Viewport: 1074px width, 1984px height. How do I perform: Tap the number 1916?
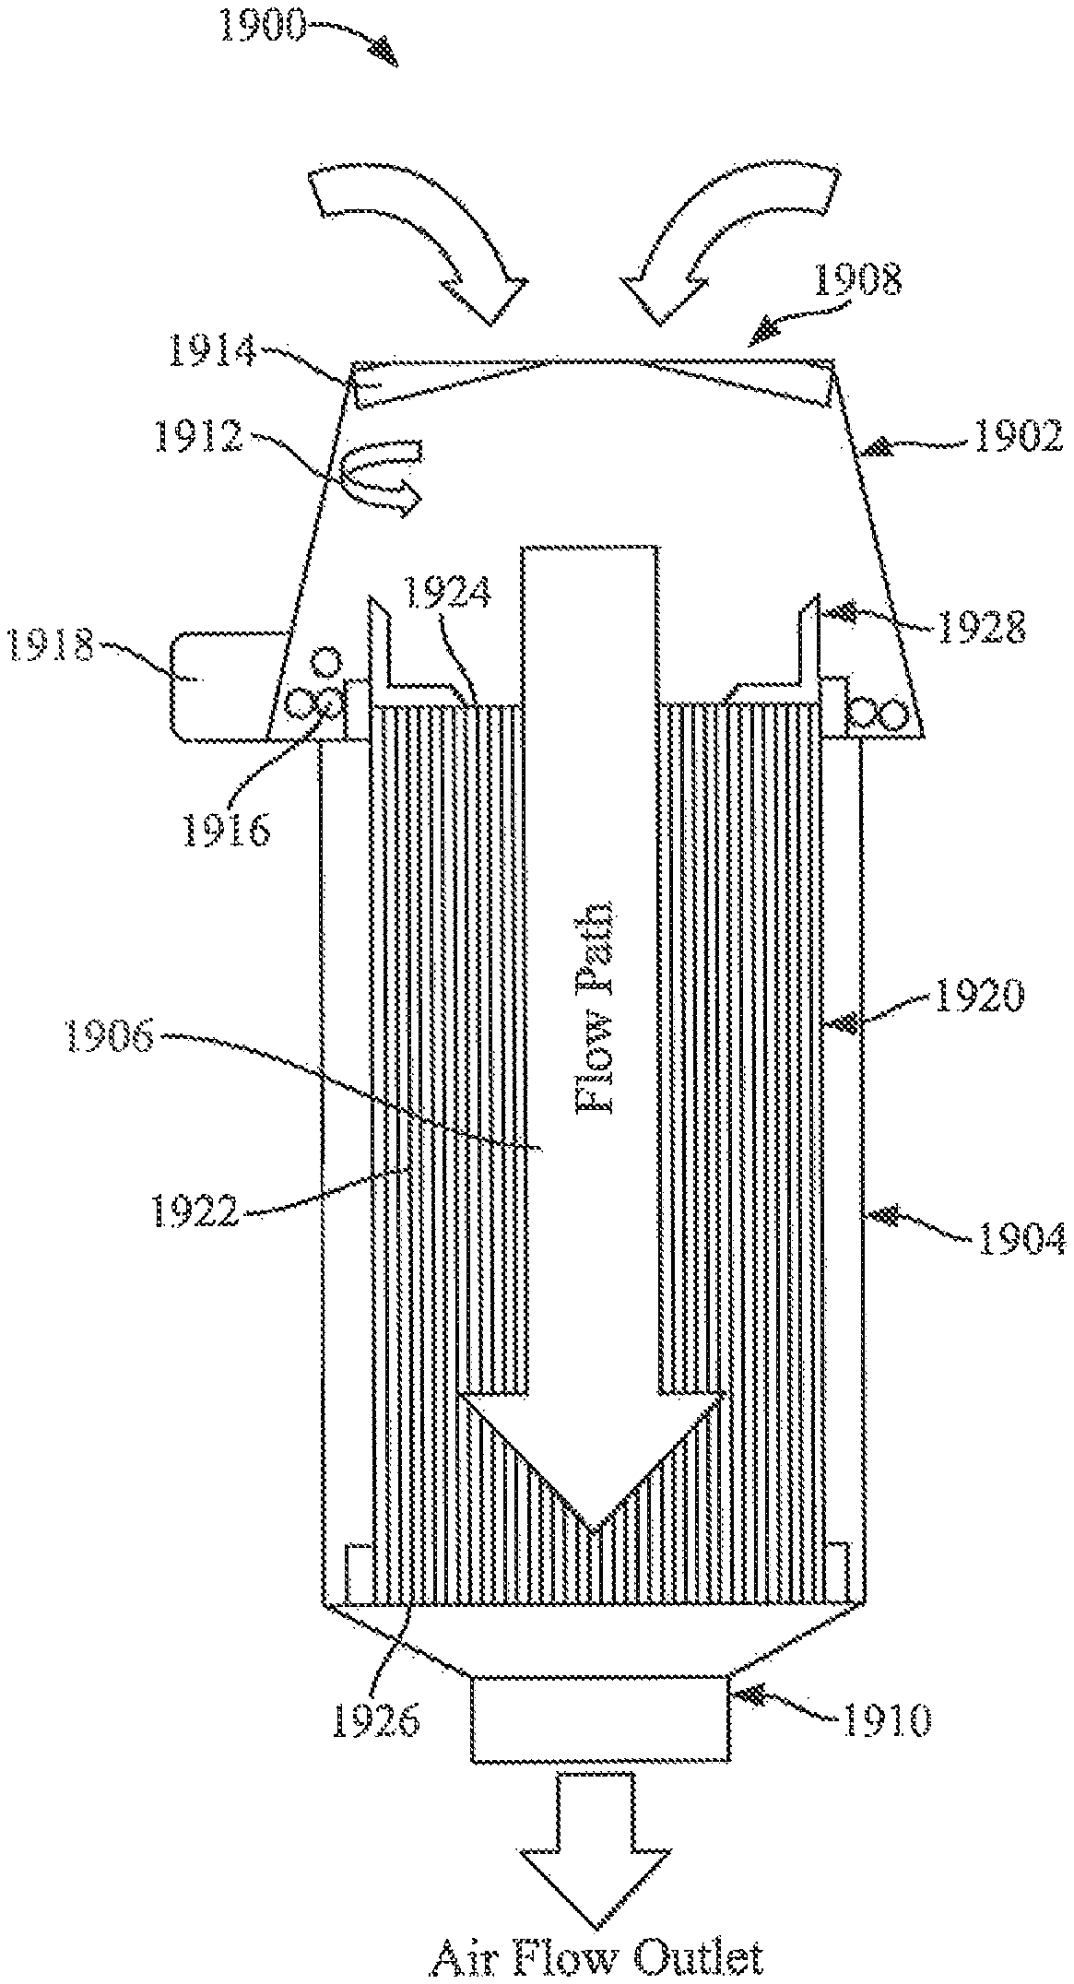[226, 829]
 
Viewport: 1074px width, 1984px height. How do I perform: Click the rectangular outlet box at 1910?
[599, 1718]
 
